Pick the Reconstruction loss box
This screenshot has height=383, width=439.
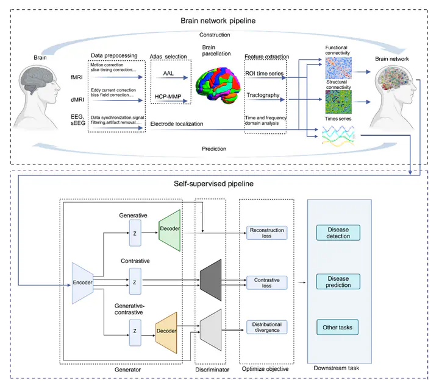pos(266,233)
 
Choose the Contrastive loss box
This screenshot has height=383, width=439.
pos(266,282)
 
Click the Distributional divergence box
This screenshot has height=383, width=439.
pos(266,327)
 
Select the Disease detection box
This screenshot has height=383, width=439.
pos(338,232)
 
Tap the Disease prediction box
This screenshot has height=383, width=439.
pos(338,281)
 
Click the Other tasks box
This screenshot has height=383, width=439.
pos(338,328)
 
